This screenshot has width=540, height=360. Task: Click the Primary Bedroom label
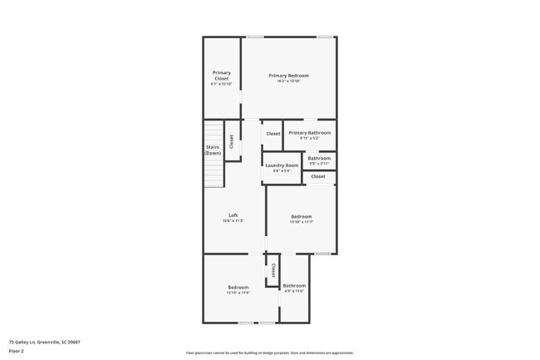[288, 76]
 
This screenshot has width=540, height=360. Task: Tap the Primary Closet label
[221, 75]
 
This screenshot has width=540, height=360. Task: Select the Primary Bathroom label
[309, 133]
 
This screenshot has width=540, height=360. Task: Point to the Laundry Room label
[282, 165]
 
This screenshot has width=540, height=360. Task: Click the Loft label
[233, 215]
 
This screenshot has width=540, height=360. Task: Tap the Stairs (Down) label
[214, 150]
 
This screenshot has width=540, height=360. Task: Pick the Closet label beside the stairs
[232, 141]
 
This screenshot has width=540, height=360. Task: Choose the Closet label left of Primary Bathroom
[272, 133]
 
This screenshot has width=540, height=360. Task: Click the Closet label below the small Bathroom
[318, 176]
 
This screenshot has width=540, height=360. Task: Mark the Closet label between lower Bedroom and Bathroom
[273, 270]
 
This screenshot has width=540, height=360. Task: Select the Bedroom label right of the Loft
[301, 217]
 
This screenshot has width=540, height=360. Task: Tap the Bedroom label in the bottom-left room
[238, 288]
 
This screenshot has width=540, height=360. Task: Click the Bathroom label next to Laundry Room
[319, 158]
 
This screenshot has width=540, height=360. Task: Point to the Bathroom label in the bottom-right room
[294, 286]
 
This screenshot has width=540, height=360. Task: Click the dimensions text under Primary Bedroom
[288, 81]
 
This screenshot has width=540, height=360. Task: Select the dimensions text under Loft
[233, 221]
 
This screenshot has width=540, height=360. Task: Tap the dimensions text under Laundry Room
[282, 171]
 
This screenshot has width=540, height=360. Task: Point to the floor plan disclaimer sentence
[270, 353]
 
